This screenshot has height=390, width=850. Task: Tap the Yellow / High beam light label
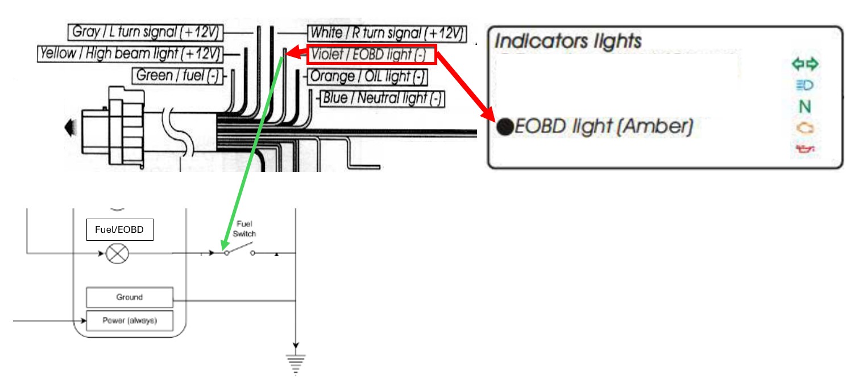coord(130,54)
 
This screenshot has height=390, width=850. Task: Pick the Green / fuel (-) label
coord(177,75)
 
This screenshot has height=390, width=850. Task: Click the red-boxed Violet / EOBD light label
coord(371,55)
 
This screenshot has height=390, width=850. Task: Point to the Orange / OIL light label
coord(367,76)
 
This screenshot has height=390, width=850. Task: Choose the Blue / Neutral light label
coord(382,98)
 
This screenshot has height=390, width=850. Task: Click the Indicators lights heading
coord(568,41)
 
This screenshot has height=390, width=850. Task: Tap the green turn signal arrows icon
coord(805,64)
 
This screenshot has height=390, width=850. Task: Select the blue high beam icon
coord(805,86)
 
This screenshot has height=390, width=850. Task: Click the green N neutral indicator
coord(805,106)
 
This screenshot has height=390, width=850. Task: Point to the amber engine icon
coord(805,129)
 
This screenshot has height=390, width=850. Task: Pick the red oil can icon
coord(805,150)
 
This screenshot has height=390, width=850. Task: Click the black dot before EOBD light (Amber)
coord(504,127)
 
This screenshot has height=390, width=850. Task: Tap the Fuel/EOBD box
coord(119,230)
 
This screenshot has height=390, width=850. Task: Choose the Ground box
coord(129,297)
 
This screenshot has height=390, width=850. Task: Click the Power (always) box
coord(129,321)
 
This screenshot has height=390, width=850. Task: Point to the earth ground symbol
coord(296,363)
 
